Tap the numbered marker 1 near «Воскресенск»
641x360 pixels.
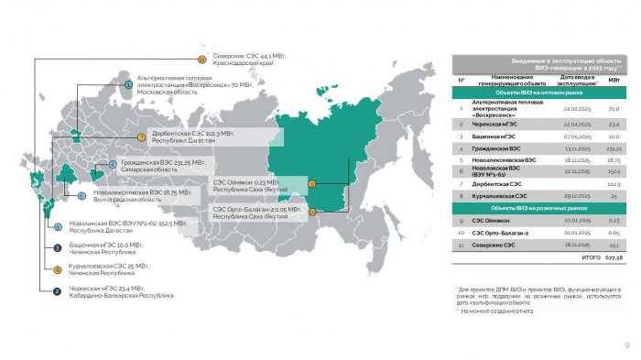128,84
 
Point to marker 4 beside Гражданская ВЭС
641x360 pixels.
113,165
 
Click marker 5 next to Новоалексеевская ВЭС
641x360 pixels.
81,195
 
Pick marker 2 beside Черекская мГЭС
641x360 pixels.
58,292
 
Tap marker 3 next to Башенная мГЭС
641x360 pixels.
58,247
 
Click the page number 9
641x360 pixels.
626,344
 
